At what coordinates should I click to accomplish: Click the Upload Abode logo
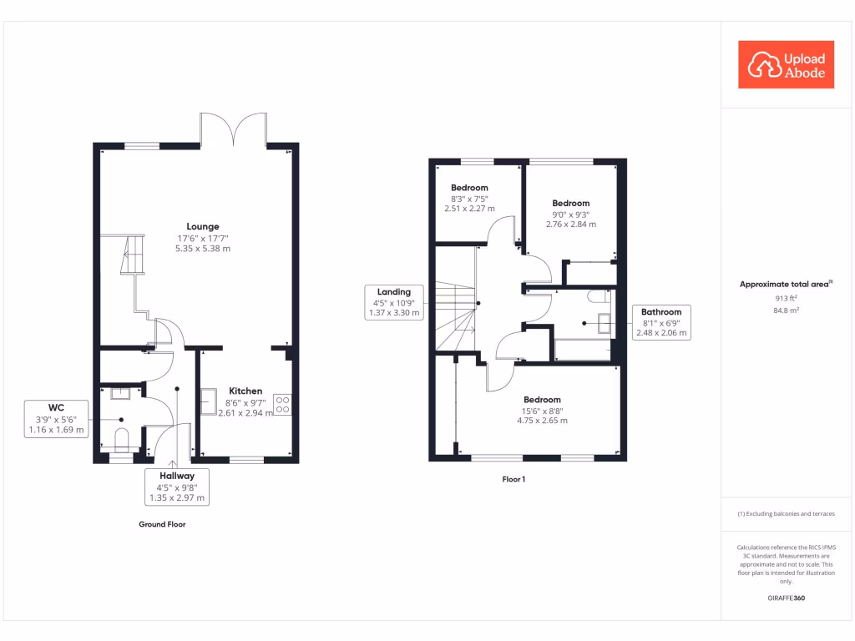[787, 65]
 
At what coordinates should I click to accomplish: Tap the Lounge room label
[202, 226]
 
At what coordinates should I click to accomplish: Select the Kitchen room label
[245, 391]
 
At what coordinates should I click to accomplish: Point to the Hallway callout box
[176, 486]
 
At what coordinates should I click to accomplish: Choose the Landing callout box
[394, 302]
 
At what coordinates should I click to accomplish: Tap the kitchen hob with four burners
[282, 405]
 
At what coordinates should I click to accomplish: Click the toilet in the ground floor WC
[121, 438]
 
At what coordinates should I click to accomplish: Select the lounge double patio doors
[233, 129]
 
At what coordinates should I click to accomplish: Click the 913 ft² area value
[786, 298]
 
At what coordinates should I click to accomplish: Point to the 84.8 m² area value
[786, 310]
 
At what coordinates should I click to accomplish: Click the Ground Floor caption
[162, 525]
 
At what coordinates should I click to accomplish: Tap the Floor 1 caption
[514, 479]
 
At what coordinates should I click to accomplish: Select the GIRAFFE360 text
[786, 598]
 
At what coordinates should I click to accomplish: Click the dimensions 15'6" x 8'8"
[542, 411]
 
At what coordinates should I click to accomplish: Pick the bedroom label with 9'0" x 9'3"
[570, 203]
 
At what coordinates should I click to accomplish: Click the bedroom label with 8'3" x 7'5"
[468, 188]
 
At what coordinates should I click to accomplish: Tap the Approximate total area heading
[785, 285]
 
